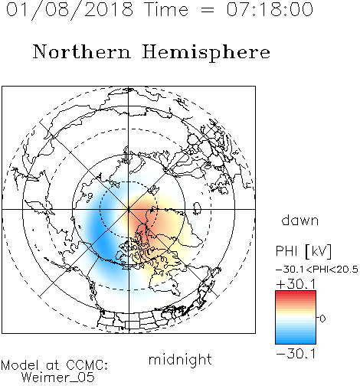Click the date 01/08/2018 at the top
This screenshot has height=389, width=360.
click(x=70, y=10)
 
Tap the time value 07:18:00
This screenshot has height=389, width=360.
click(x=270, y=10)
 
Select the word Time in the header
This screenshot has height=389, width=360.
click(x=166, y=10)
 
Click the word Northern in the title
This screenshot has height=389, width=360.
click(x=81, y=51)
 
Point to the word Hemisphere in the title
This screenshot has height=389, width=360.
click(x=206, y=53)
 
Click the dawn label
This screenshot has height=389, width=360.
click(x=300, y=220)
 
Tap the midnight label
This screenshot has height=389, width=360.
click(x=180, y=360)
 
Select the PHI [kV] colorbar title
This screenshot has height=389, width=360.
click(x=303, y=251)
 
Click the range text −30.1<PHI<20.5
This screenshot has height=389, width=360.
click(x=317, y=270)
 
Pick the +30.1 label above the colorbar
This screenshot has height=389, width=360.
click(x=296, y=284)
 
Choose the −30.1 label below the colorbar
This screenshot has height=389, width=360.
click(x=296, y=354)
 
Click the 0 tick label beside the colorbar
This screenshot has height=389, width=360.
click(x=322, y=319)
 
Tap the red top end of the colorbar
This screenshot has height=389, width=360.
click(x=296, y=293)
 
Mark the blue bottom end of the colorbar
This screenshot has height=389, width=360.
click(x=296, y=342)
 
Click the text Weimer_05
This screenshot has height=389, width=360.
click(x=58, y=378)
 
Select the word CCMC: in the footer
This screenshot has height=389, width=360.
click(x=87, y=365)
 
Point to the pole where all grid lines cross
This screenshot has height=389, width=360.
click(x=129, y=209)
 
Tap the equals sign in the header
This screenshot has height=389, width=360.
click(x=208, y=10)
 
